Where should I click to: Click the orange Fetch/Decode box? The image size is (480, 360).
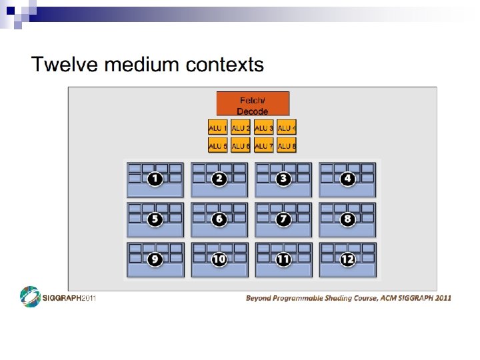pos(253,103)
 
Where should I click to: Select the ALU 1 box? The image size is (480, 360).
pos(218,127)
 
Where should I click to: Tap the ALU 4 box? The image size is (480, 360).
pos(287,127)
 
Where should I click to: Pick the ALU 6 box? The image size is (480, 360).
pos(241,145)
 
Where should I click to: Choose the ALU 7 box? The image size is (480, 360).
pos(264,145)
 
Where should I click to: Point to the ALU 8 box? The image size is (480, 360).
pos(287,145)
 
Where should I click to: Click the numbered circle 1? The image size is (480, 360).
pos(155,179)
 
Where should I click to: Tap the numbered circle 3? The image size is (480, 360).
pos(283,179)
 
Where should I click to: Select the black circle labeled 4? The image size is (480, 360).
pos(347,179)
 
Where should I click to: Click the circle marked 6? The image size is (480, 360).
pos(219,219)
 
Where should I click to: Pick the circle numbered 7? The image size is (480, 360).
pos(283,219)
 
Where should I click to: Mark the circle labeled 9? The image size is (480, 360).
pos(155,259)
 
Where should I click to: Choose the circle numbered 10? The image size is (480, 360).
pos(219,259)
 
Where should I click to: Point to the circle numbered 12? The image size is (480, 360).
pos(347,259)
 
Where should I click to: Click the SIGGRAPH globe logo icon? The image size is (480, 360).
pos(31,297)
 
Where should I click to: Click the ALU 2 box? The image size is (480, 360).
pos(241,127)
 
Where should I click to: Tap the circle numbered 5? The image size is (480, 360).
pos(155,219)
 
